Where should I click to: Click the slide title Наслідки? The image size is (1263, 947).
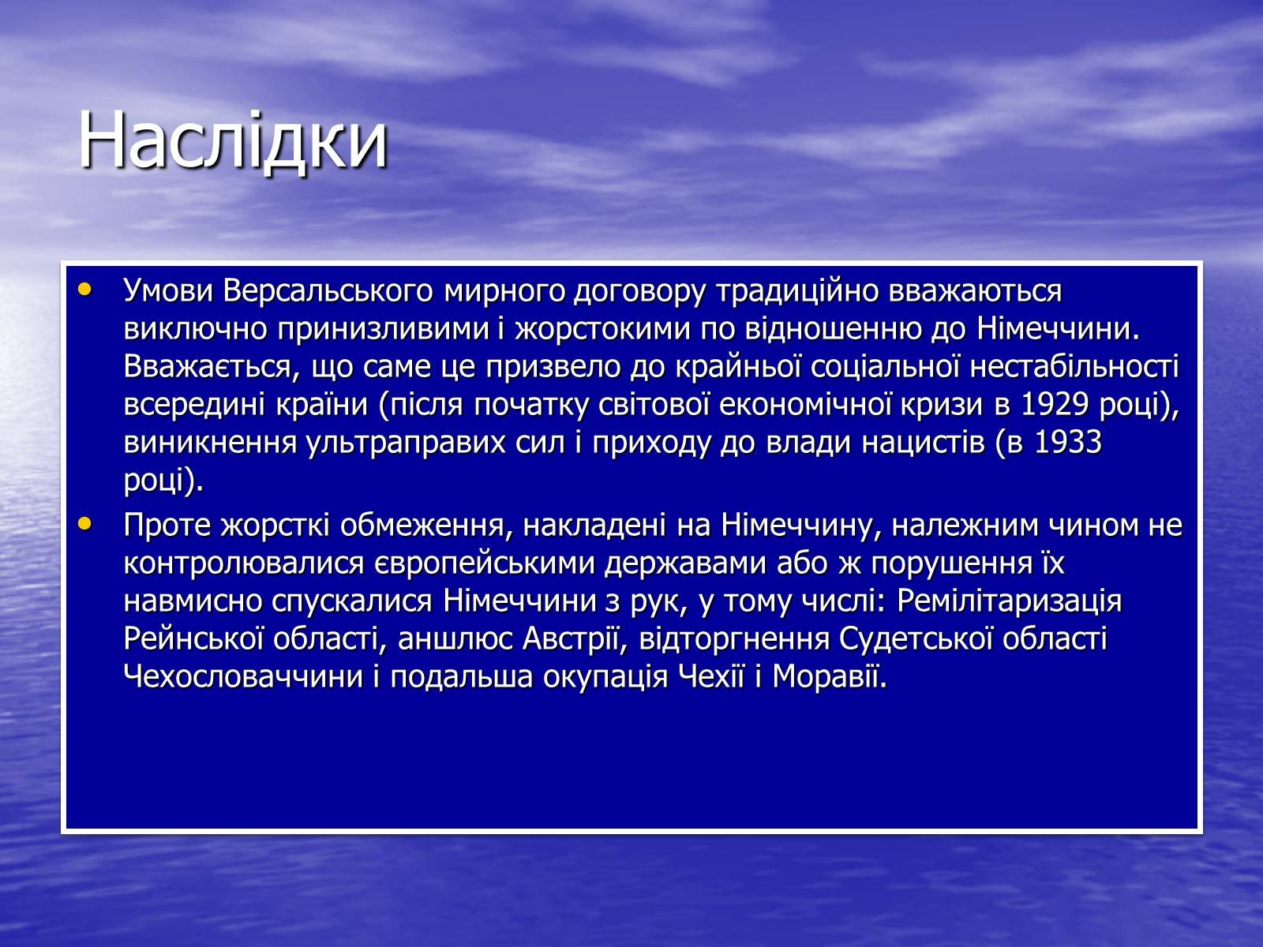pos(232,140)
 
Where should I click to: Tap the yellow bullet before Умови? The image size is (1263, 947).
pos(84,289)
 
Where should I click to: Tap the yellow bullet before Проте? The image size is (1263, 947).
pos(84,524)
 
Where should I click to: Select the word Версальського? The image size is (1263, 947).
pos(328,291)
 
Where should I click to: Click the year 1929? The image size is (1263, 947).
pos(1055,404)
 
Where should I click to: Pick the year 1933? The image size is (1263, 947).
pos(1068,442)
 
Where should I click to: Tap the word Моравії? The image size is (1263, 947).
pos(830,677)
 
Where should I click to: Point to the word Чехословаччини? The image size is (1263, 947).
pos(243,677)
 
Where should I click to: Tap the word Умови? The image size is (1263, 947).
pos(169,291)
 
